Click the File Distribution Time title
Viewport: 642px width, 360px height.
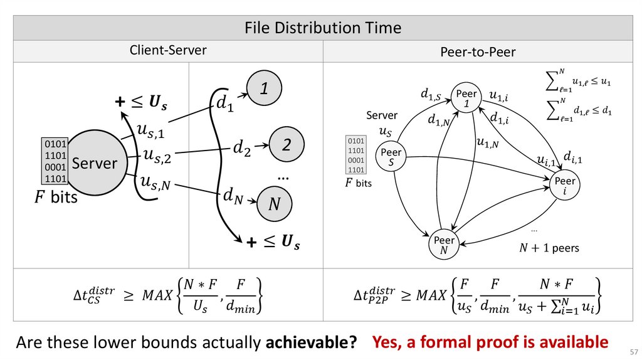[x=322, y=28]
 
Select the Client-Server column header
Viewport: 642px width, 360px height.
[x=167, y=50]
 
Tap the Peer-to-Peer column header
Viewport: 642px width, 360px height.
[x=478, y=52]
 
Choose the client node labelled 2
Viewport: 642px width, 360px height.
[x=287, y=145]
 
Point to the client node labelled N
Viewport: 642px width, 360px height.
[x=274, y=204]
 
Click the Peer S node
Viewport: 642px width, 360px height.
[x=391, y=157]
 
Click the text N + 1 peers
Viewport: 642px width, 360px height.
[x=549, y=248]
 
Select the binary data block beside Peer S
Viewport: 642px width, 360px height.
[x=356, y=155]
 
